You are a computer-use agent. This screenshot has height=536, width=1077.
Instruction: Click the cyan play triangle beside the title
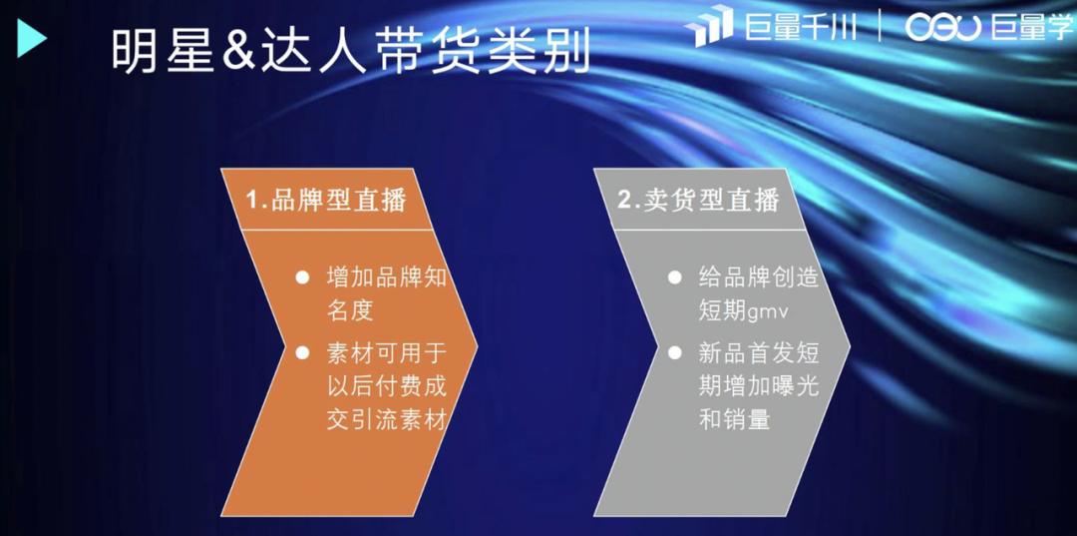coord(32,39)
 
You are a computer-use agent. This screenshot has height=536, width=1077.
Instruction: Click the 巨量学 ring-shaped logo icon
coord(942,27)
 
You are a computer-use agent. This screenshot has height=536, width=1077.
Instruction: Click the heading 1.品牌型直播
coord(326,200)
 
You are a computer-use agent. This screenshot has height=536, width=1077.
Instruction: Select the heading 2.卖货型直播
coord(698,200)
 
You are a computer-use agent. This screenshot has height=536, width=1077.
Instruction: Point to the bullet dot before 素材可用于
coord(301,352)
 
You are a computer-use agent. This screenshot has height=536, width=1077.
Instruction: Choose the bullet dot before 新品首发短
coord(675,352)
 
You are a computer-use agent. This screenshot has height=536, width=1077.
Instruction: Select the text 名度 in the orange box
coord(349,310)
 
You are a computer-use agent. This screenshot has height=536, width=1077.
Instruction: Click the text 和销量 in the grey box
coord(734,419)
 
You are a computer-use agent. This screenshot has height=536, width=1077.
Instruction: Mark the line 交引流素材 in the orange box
coord(385,419)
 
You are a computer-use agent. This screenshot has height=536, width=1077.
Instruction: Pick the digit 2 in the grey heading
coord(625,200)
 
